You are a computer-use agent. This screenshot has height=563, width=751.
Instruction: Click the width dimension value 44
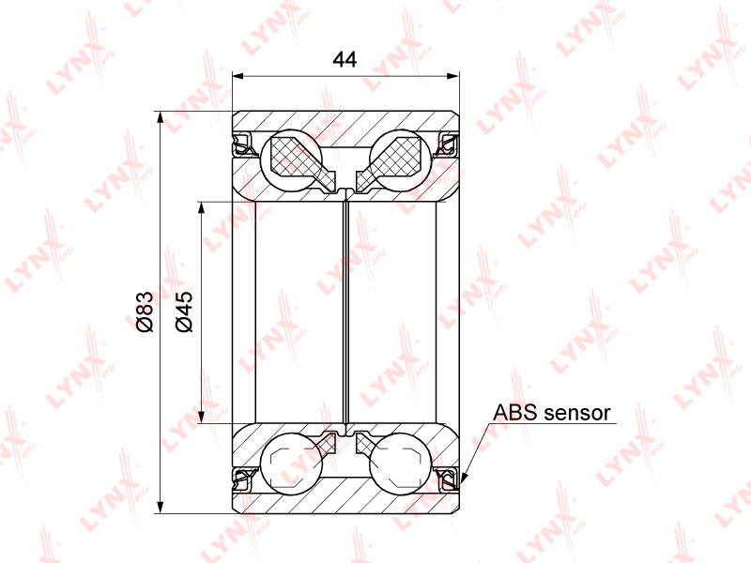tap(345, 59)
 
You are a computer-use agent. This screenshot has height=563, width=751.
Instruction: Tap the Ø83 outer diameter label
tap(145, 312)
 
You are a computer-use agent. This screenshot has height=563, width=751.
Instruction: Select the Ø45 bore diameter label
tap(184, 312)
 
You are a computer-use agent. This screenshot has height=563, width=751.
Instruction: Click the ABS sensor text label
tap(552, 413)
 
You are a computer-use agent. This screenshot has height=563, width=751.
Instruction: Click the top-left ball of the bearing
tap(291, 160)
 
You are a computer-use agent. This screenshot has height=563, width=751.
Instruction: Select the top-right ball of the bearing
tap(401, 160)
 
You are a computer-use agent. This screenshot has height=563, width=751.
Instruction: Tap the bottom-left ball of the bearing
tap(291, 464)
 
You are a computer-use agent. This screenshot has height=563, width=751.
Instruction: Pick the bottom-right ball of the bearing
tap(401, 464)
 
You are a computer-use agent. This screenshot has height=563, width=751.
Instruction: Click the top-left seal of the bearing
tap(243, 145)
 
